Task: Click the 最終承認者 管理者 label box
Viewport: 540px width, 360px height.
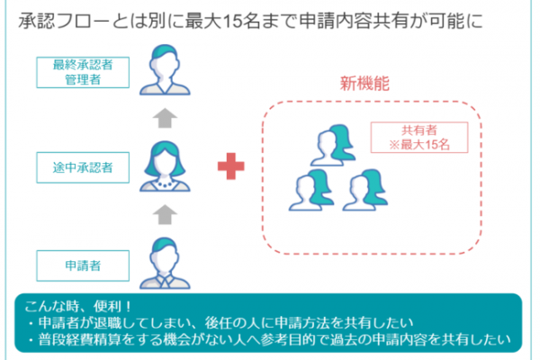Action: point(83,72)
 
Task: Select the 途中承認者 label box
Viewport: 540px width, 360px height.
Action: point(83,167)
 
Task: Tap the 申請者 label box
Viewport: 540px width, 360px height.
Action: point(83,265)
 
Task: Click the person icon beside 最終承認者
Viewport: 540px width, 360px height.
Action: point(165,69)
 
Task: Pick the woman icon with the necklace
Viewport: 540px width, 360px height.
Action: point(165,166)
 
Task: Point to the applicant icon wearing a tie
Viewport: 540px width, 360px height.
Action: point(165,263)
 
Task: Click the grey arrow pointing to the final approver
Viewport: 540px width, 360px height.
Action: point(165,118)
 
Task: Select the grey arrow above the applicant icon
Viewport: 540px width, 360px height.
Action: point(165,214)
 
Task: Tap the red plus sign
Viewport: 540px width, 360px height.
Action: point(231,166)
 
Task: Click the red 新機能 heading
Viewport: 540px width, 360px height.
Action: point(364,84)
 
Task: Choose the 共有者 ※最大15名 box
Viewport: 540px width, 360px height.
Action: point(419,138)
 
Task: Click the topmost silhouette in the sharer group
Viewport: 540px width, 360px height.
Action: point(333,146)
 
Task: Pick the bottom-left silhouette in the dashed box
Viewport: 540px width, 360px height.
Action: point(311,190)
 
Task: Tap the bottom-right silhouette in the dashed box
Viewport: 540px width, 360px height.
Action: point(365,190)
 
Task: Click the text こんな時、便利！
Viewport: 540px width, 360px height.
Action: point(77,306)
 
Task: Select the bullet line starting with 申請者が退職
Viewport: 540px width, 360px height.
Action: point(221,323)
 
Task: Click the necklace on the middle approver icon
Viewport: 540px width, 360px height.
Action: point(165,183)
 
